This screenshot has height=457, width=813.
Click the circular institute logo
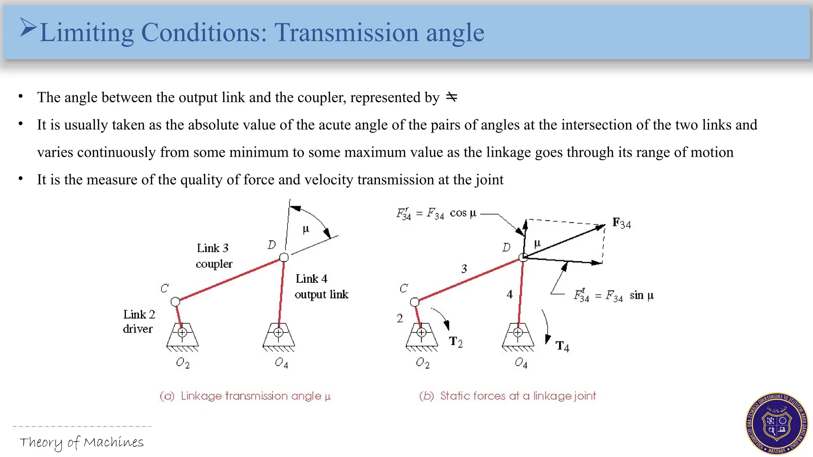click(776, 424)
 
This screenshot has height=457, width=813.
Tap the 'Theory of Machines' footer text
click(81, 442)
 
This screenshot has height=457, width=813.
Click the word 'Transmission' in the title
click(346, 32)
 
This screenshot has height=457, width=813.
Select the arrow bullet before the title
click(28, 28)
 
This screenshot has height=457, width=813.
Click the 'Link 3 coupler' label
click(214, 256)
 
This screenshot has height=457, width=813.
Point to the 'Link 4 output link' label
click(321, 286)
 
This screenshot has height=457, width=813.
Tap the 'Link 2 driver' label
click(139, 321)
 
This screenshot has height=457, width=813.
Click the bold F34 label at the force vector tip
click(621, 223)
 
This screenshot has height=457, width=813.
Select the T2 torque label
click(456, 342)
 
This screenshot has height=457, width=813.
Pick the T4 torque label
click(562, 346)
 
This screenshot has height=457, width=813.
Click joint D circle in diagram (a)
click(284, 257)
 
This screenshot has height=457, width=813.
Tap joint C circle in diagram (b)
click(414, 302)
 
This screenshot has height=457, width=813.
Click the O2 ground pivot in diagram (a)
click(182, 332)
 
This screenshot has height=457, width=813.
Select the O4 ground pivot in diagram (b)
click(518, 332)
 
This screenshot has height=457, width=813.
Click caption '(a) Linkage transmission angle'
click(245, 396)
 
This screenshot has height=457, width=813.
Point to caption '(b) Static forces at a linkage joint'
click(508, 396)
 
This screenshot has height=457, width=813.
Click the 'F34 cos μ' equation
click(436, 214)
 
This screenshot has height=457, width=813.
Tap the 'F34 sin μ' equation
click(614, 296)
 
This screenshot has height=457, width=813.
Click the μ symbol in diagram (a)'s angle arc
click(306, 229)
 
